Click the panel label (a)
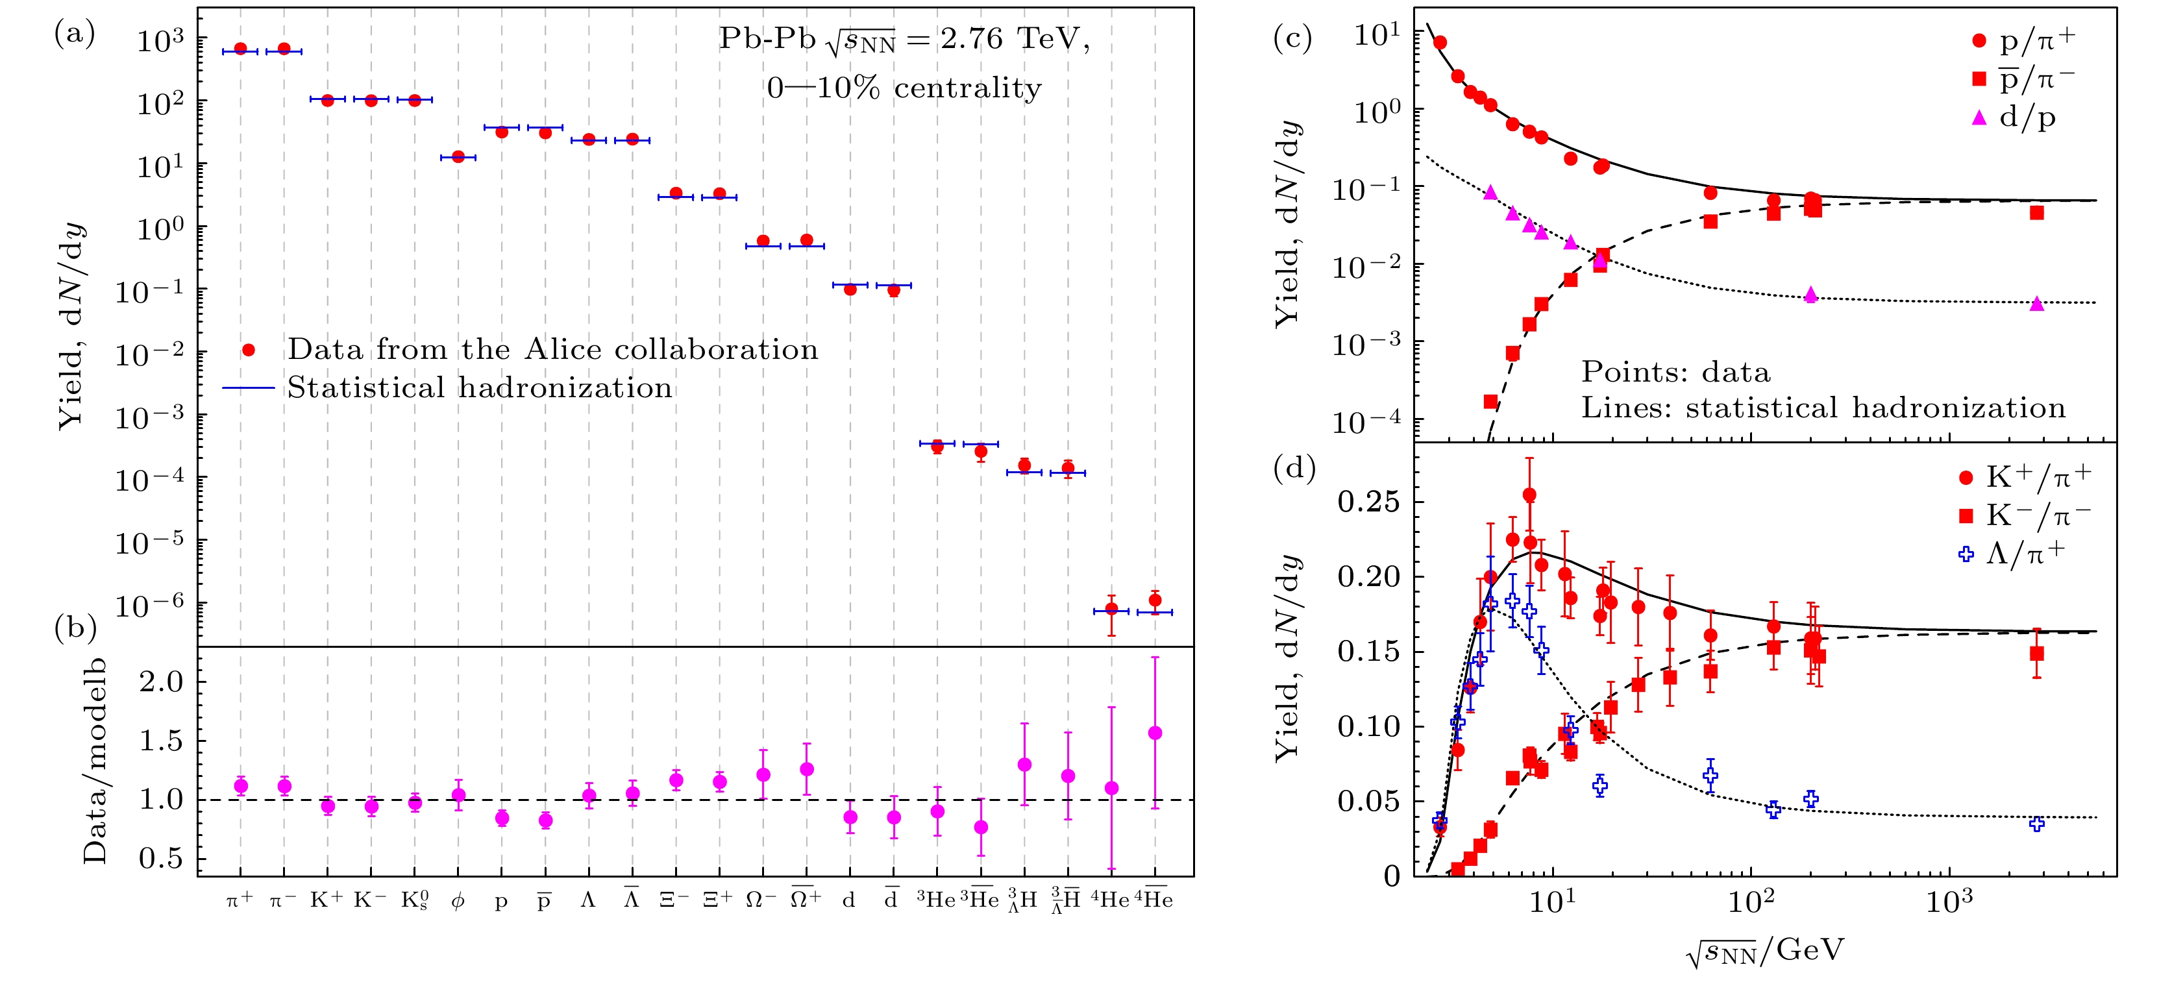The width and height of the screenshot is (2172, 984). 74,34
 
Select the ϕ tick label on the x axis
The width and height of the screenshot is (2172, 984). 458,900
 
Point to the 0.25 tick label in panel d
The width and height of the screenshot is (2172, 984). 1368,502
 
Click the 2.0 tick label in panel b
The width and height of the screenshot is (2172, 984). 161,682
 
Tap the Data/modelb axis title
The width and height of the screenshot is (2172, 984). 94,761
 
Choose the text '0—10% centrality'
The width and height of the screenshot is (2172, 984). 904,88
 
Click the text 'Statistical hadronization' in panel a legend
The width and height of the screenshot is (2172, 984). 480,388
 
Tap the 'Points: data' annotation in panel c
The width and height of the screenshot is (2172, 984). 1675,372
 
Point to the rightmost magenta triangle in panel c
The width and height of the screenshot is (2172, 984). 2036,304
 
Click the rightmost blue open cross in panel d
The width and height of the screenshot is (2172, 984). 2036,824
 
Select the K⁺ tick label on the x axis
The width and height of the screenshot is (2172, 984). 327,900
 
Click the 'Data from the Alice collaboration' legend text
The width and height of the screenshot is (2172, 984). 552,349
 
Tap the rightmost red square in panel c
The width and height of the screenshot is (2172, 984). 2036,212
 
